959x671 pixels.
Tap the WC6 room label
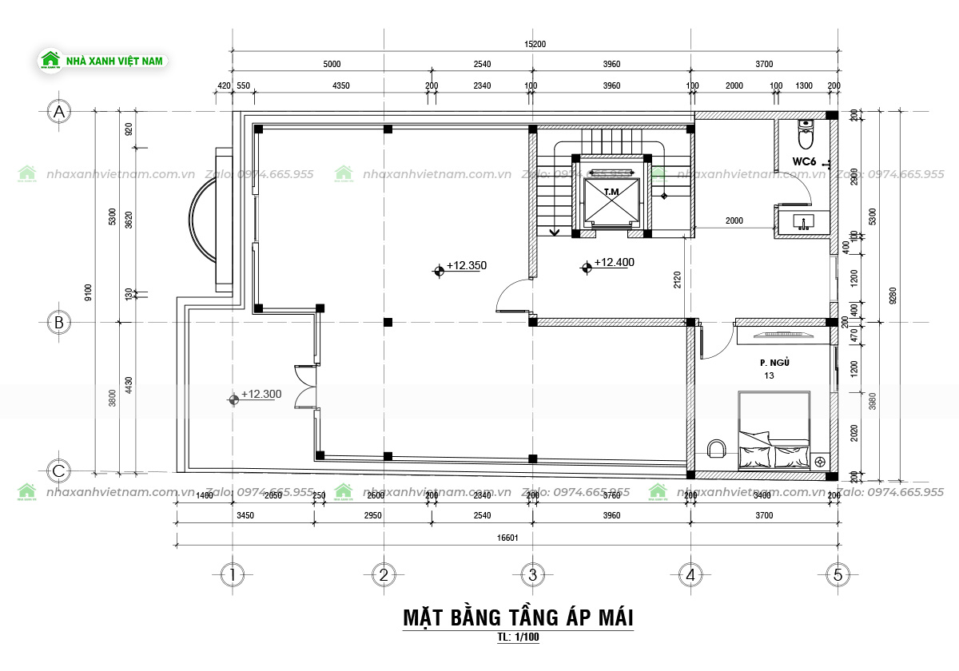[803, 161]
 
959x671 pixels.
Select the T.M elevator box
[612, 199]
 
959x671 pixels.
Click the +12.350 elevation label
[466, 265]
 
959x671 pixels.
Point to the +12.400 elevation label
[614, 263]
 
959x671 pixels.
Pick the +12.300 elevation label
[261, 394]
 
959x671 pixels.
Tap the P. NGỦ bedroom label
[775, 363]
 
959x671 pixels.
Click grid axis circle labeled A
[58, 113]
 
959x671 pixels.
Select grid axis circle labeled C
[58, 471]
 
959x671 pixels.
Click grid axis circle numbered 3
[532, 574]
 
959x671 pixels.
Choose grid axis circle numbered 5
[838, 574]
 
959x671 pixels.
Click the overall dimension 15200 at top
[535, 44]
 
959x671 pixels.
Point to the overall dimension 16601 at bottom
[507, 538]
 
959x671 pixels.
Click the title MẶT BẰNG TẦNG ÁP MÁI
[518, 617]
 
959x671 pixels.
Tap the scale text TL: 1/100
[518, 637]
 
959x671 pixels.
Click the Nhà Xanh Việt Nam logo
[102, 60]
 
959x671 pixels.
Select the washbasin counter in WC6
[802, 221]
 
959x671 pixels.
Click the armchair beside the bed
[717, 449]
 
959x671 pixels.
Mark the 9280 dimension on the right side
[893, 296]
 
